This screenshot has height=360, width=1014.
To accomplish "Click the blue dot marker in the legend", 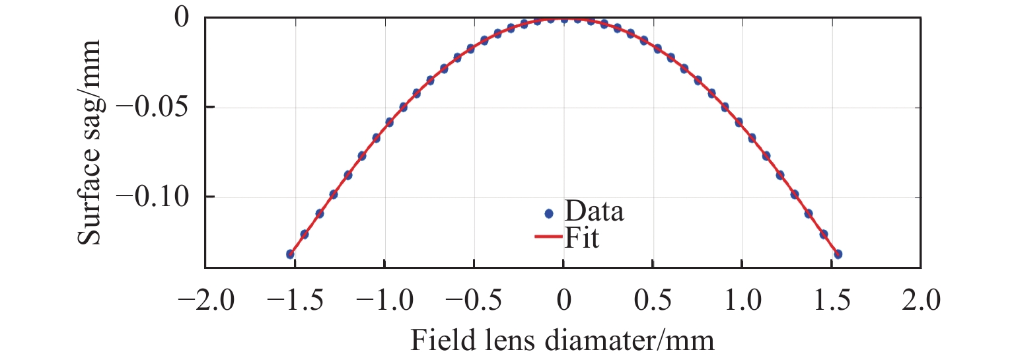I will (x=548, y=213).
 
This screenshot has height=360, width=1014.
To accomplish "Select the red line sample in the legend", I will (x=548, y=237).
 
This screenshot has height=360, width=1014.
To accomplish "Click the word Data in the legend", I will (x=594, y=213).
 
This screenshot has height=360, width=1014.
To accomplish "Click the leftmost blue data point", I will (x=290, y=254).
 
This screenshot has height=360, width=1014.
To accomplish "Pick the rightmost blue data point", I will (x=838, y=254).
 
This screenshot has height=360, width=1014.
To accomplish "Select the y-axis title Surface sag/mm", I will (x=89, y=142).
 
